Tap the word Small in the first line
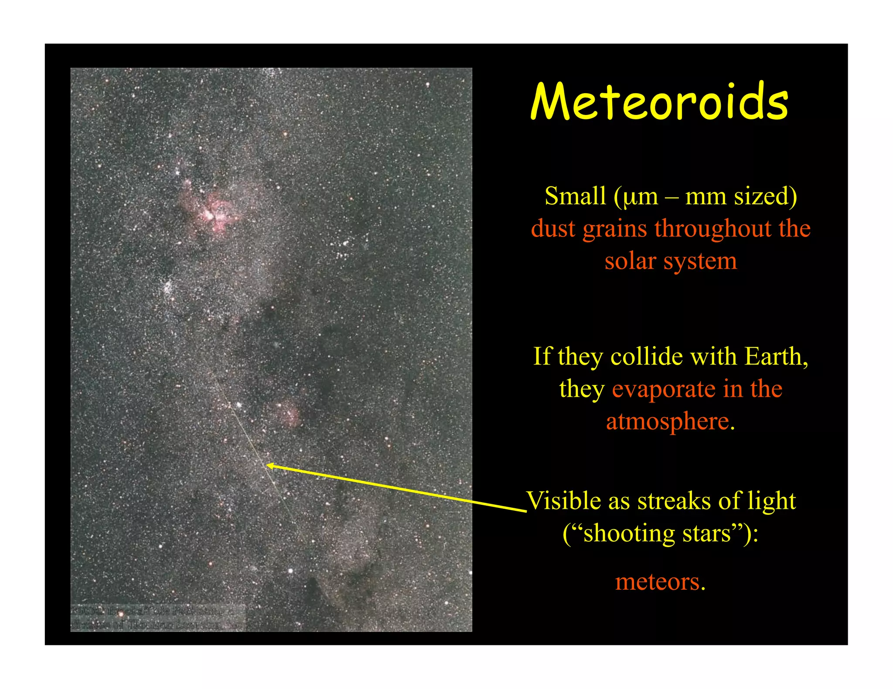coord(575,196)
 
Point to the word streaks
coord(674,500)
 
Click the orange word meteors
coord(660,581)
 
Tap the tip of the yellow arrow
coord(267,466)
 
